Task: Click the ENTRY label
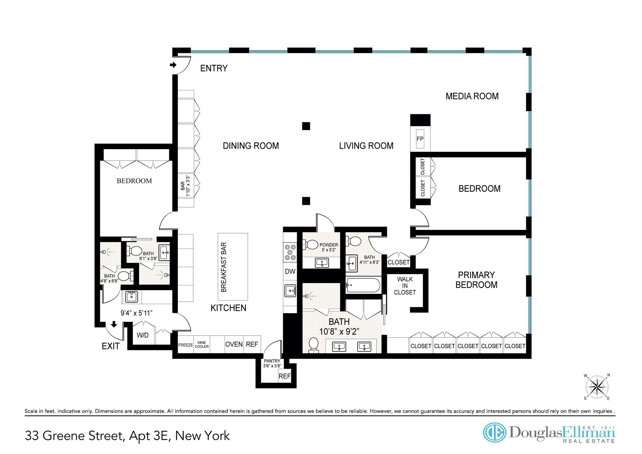214,68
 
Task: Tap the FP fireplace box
420,139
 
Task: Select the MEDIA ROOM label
472,96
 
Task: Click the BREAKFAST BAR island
233,267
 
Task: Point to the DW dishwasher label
290,271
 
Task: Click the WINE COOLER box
202,344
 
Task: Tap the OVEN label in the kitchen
234,344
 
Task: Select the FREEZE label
186,345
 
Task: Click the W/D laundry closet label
143,335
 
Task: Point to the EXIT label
111,346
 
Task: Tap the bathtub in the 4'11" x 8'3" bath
363,285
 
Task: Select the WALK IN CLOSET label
405,286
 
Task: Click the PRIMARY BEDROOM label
476,280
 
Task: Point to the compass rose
597,387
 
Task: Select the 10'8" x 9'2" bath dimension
339,332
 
